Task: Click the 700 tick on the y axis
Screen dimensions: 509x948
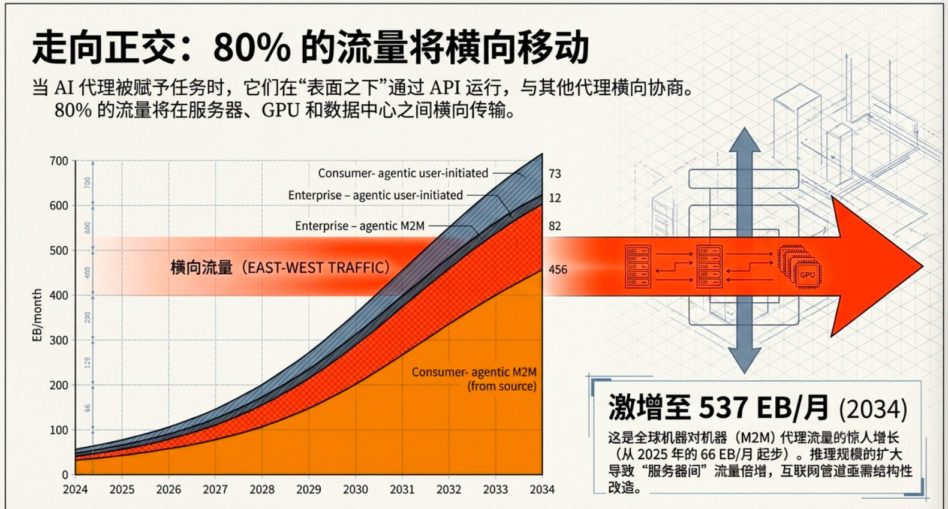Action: pyautogui.click(x=59, y=161)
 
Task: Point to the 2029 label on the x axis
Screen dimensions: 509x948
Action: pyautogui.click(x=308, y=489)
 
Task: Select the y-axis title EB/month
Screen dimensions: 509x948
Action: pyautogui.click(x=37, y=315)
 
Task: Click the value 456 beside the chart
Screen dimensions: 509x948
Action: pyautogui.click(x=558, y=270)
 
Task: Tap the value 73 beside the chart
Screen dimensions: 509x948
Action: pyautogui.click(x=555, y=174)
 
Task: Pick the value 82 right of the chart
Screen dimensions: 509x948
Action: pyautogui.click(x=555, y=226)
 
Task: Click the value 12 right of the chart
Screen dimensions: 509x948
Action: pyautogui.click(x=555, y=198)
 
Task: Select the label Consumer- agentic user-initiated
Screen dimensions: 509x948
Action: pyautogui.click(x=403, y=173)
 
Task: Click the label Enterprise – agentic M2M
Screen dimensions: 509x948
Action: pyautogui.click(x=360, y=226)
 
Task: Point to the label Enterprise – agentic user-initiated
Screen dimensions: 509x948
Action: pyautogui.click(x=375, y=195)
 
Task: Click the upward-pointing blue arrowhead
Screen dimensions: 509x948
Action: pyautogui.click(x=744, y=141)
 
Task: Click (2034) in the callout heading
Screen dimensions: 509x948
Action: pyautogui.click(x=872, y=409)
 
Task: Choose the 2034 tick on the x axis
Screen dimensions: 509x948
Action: pyautogui.click(x=542, y=489)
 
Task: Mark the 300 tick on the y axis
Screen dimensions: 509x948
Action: pyautogui.click(x=59, y=340)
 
